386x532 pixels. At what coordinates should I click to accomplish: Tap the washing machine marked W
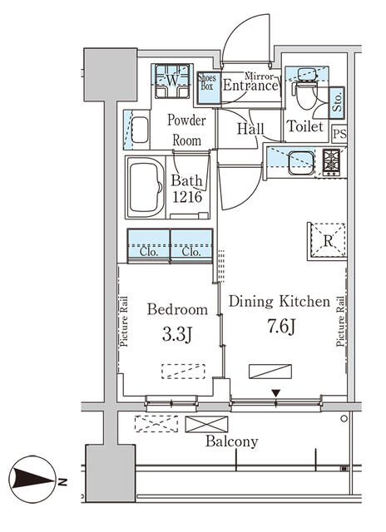172,81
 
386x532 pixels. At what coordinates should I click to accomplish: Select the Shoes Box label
207,81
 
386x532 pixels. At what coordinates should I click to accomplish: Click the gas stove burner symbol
331,162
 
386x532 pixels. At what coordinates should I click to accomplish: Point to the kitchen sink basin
301,163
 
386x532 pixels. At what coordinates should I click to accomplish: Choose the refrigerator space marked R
328,241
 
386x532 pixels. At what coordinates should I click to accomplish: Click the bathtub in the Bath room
146,187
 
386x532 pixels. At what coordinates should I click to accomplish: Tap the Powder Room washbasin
140,130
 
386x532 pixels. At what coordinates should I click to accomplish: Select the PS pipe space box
339,134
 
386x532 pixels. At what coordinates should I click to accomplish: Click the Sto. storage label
337,102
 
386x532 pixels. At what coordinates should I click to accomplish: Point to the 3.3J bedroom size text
177,335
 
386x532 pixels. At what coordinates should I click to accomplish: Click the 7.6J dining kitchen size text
281,327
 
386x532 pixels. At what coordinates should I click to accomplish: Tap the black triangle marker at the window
276,393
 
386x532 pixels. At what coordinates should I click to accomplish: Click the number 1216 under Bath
187,197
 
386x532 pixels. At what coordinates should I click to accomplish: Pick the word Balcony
232,441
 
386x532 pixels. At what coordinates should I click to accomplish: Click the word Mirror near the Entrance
259,76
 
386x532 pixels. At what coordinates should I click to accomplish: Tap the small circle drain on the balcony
344,418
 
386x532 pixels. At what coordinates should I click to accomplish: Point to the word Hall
250,129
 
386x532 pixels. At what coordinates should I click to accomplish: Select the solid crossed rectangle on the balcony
206,424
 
